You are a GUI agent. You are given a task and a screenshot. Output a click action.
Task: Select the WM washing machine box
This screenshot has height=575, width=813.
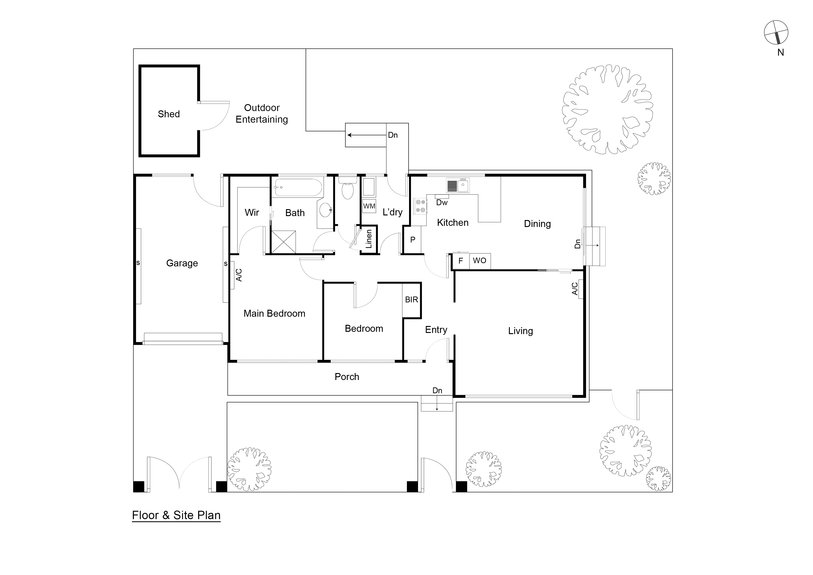(x=369, y=206)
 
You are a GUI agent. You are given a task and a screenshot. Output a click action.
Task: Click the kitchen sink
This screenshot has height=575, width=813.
(x=458, y=185)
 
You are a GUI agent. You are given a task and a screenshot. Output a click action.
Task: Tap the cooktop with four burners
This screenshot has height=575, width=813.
(x=421, y=206)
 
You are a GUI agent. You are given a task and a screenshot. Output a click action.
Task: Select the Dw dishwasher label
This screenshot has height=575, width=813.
(x=441, y=203)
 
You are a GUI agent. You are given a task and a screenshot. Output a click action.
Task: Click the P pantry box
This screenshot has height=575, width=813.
(x=413, y=240)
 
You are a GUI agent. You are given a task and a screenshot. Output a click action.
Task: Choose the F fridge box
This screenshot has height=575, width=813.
(x=461, y=261)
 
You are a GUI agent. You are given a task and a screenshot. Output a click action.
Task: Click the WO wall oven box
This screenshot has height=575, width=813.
(x=480, y=261)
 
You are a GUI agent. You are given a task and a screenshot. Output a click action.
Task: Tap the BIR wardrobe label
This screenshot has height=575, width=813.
(x=411, y=300)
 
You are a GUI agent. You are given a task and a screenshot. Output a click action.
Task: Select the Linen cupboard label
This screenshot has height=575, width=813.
(x=369, y=239)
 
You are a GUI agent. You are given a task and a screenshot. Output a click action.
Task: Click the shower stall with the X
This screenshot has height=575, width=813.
(x=283, y=241)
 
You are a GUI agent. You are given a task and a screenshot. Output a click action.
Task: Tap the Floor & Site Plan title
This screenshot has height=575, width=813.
(x=176, y=515)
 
